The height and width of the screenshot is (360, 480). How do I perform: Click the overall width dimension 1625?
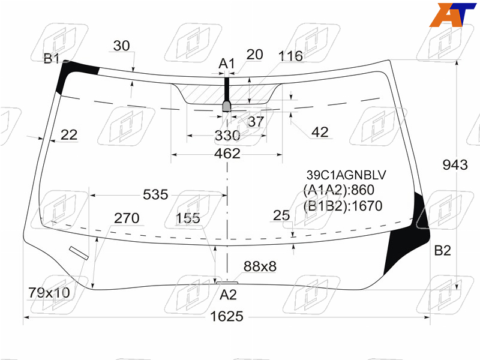click(x=227, y=316)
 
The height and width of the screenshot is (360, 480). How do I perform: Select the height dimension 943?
click(x=455, y=165)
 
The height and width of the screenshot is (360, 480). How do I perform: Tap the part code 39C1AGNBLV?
click(x=346, y=175)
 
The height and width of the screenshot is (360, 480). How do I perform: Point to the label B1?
click(x=51, y=58)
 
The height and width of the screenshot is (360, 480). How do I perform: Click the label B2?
click(x=443, y=251)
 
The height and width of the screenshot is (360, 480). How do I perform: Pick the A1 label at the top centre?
click(x=227, y=64)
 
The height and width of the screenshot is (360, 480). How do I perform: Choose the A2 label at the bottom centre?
click(x=229, y=295)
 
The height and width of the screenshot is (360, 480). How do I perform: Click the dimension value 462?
click(x=227, y=154)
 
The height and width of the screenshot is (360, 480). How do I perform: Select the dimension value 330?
click(x=227, y=136)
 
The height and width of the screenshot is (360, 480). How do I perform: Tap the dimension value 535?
click(x=155, y=194)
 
